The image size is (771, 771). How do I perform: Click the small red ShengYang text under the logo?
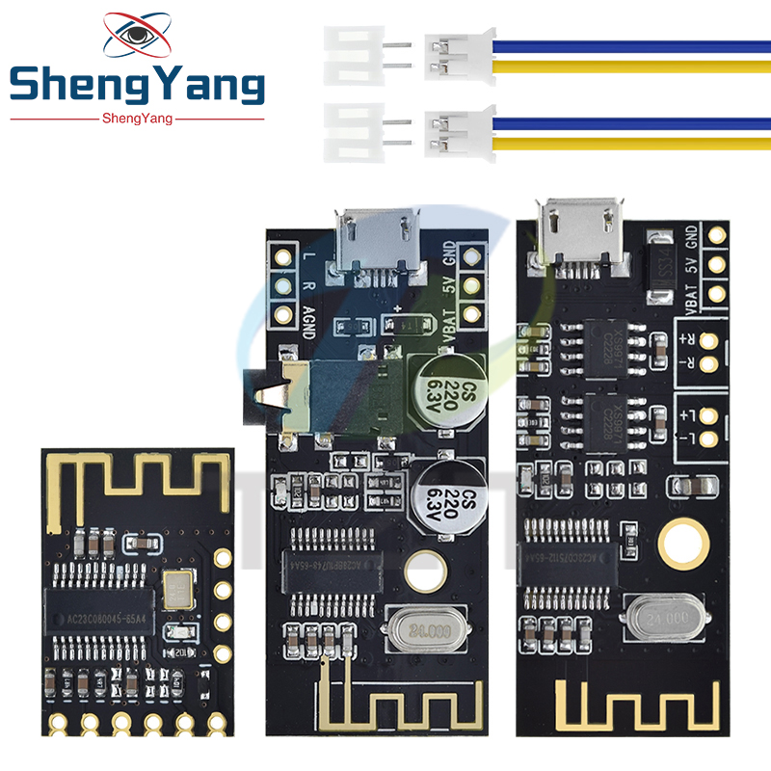(136, 118)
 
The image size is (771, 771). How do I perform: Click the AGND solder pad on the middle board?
(283, 314)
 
